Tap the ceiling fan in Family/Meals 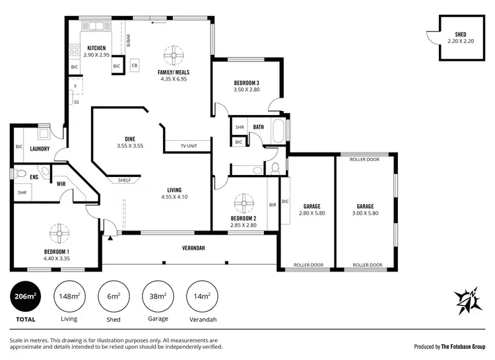click(x=174, y=55)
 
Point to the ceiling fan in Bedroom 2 click(x=244, y=201)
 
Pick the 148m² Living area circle click(x=69, y=297)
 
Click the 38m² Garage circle click(x=158, y=297)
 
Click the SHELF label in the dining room click(x=124, y=180)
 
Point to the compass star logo click(x=469, y=301)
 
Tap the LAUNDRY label click(x=40, y=149)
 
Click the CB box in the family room click(x=134, y=65)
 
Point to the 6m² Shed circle click(x=113, y=297)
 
